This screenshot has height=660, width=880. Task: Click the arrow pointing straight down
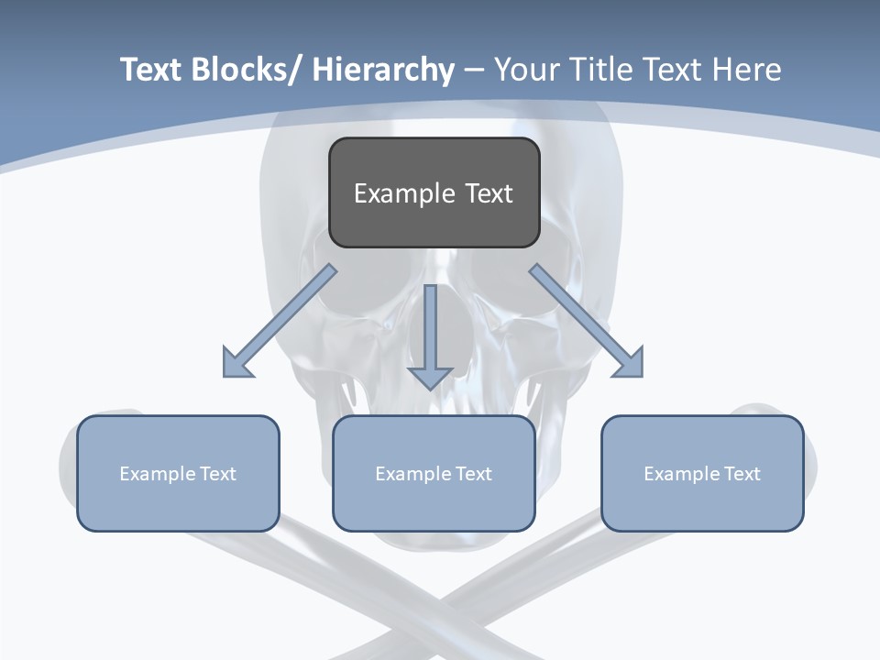point(430,335)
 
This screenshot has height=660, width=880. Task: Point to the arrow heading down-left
point(280,321)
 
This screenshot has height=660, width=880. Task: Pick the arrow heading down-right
point(587,321)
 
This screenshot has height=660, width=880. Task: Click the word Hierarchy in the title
point(382,70)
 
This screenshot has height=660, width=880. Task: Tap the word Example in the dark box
point(404,193)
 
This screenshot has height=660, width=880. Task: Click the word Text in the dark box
point(489,193)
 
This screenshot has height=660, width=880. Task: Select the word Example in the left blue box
point(158,474)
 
